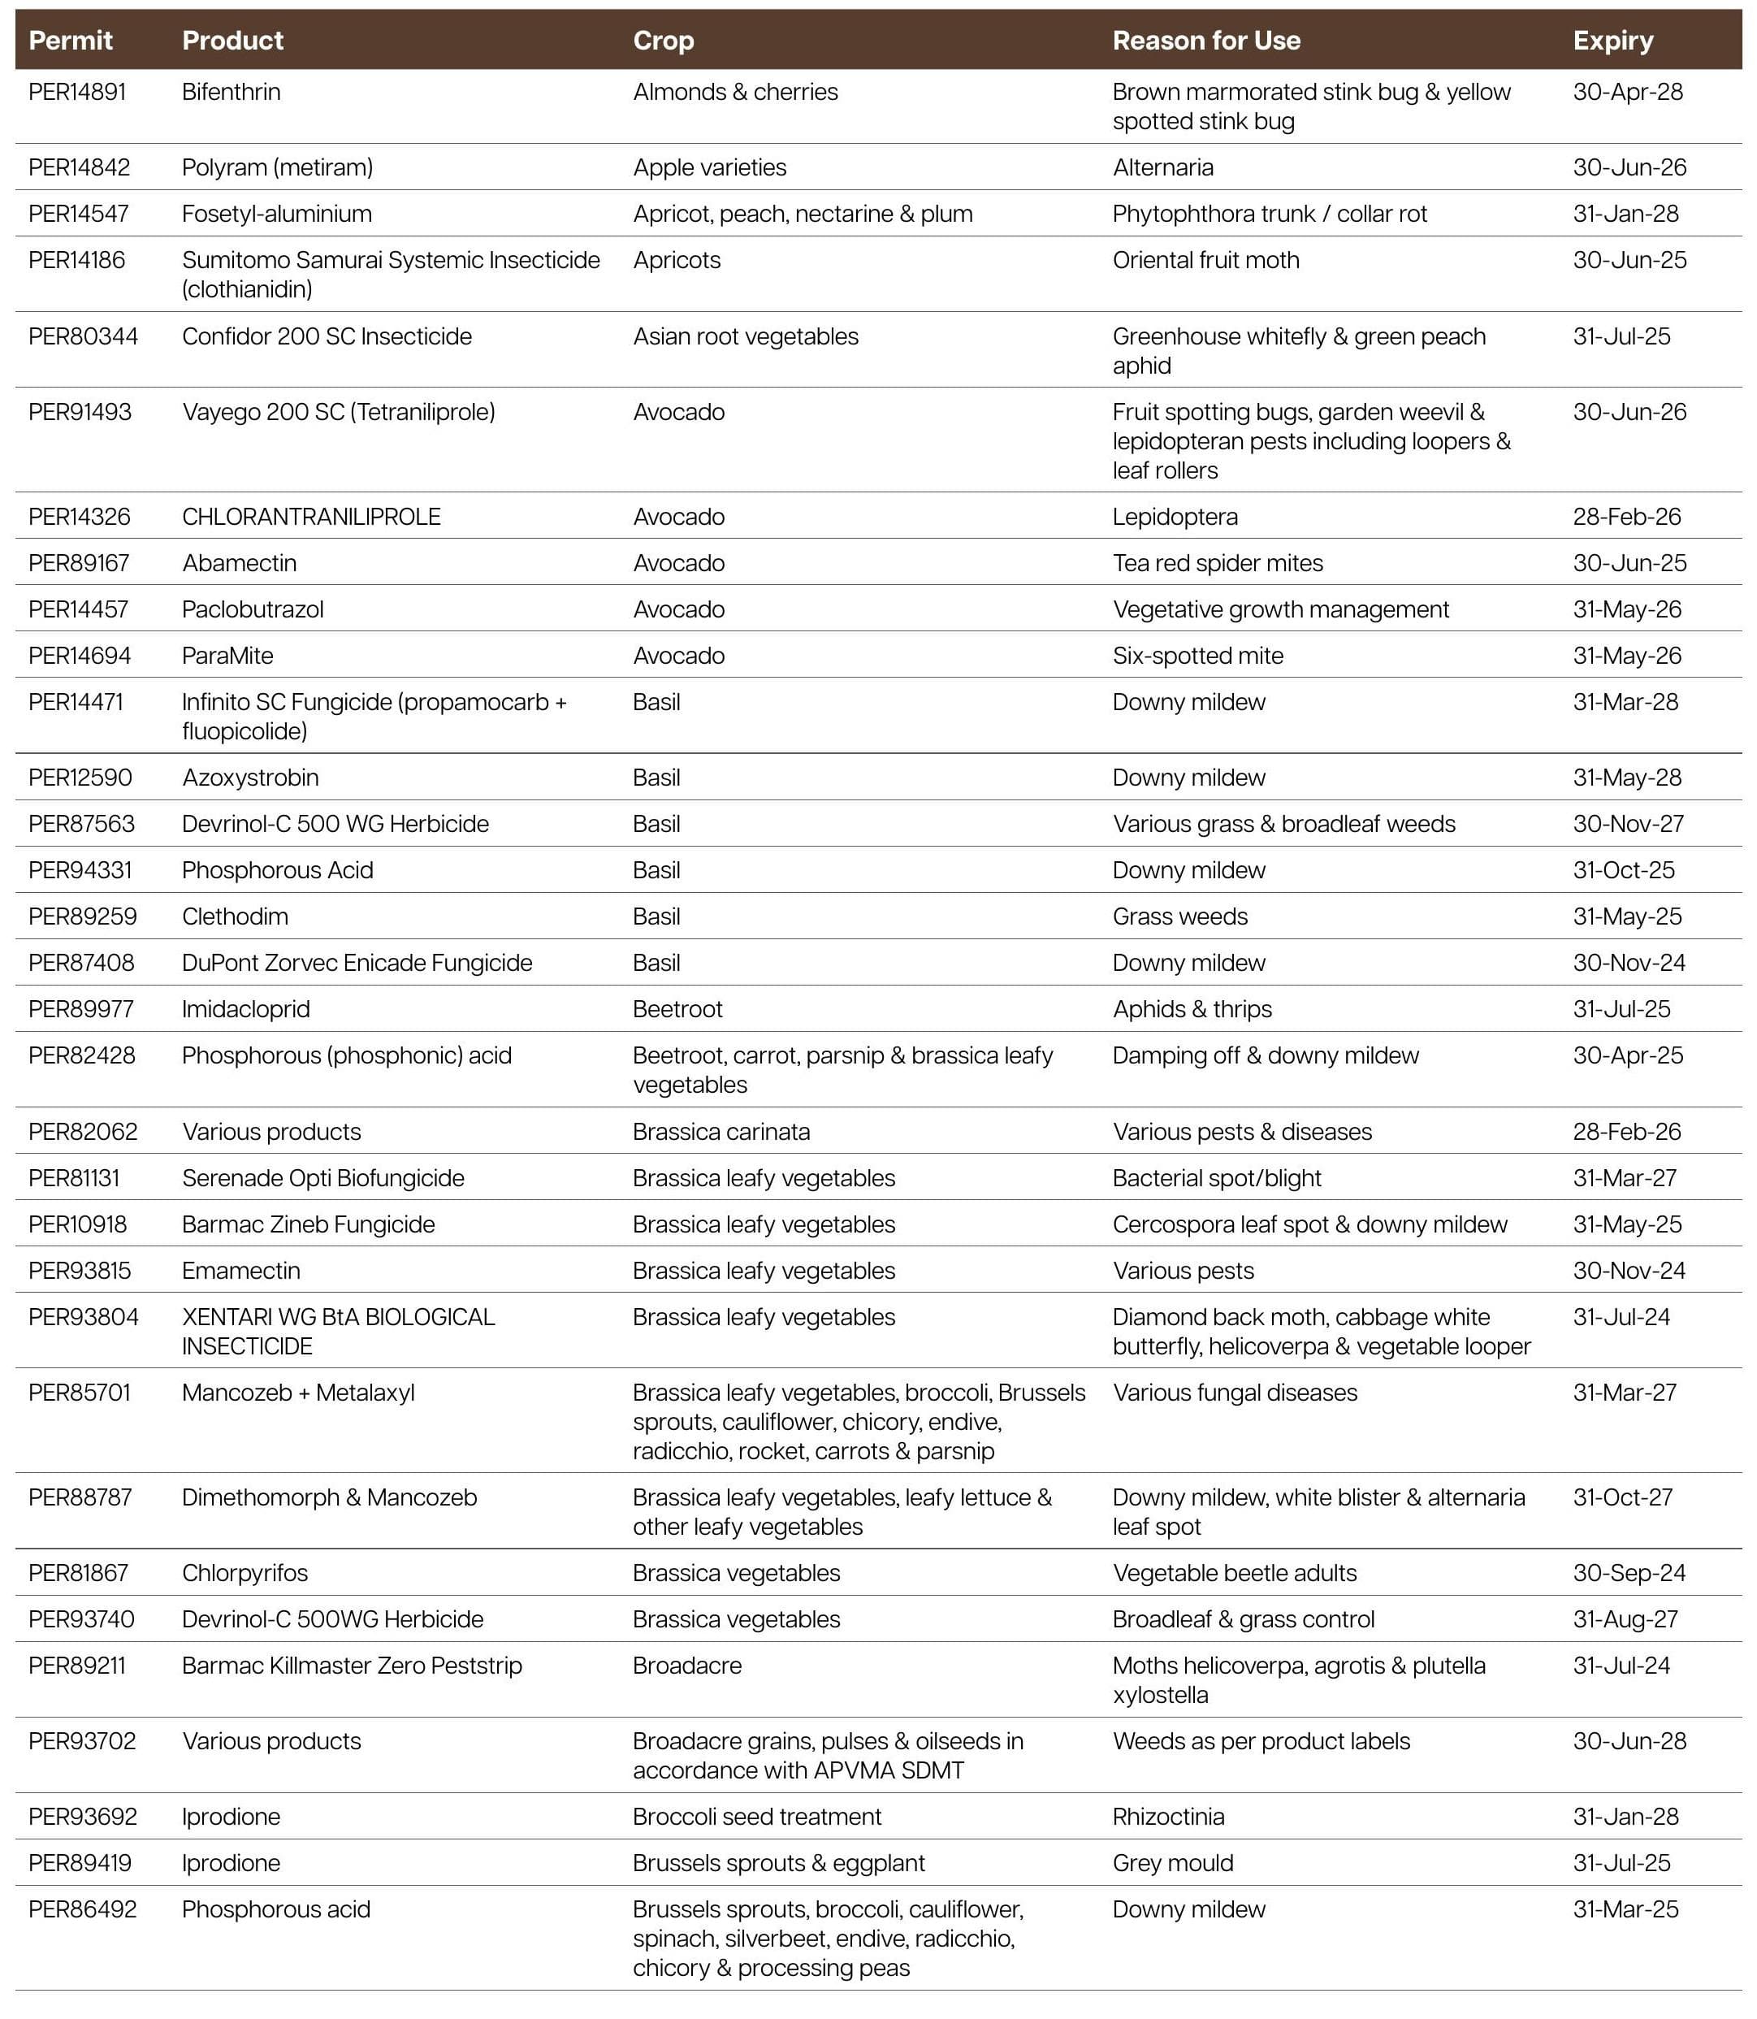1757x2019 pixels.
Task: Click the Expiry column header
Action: tap(1613, 40)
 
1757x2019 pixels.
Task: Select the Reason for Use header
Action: tap(1206, 40)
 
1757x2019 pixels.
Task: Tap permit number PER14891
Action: tap(77, 92)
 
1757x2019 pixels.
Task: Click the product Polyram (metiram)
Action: tap(278, 167)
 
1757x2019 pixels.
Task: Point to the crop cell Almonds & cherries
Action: tap(735, 92)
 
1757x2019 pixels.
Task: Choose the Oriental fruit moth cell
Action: tap(1206, 260)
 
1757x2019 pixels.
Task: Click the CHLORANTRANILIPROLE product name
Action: tap(311, 517)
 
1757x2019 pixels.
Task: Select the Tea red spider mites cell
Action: tap(1218, 563)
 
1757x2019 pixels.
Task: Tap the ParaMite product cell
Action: tap(227, 656)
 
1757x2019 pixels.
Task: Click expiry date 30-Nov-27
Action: tap(1629, 824)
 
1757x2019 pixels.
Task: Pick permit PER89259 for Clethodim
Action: tap(82, 916)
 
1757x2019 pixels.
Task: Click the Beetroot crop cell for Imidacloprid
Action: tap(677, 1009)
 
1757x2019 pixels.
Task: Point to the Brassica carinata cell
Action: tap(721, 1132)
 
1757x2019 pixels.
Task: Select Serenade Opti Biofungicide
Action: tap(322, 1177)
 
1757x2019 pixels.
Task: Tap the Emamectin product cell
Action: tap(241, 1271)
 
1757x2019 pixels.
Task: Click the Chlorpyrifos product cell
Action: tap(245, 1573)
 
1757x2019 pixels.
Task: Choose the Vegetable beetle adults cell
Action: tap(1235, 1573)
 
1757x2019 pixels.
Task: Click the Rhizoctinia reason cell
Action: tap(1169, 1816)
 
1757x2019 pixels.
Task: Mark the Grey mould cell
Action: tap(1173, 1862)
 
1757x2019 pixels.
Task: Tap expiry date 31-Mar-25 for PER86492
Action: tap(1625, 1909)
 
